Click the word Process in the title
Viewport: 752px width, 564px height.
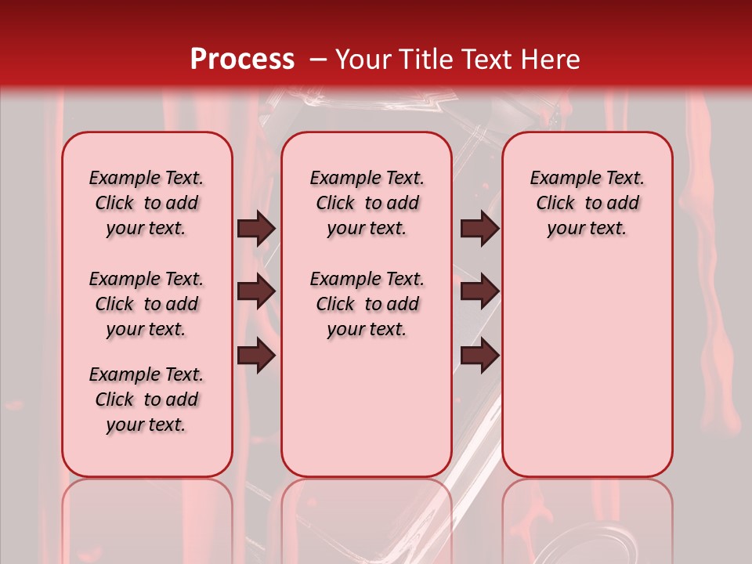pyautogui.click(x=241, y=60)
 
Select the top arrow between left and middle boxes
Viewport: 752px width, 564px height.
pyautogui.click(x=256, y=229)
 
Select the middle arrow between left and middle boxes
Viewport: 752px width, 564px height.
pyautogui.click(x=256, y=291)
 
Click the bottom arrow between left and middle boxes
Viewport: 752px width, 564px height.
pyautogui.click(x=256, y=355)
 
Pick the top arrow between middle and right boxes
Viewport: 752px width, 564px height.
pyautogui.click(x=479, y=229)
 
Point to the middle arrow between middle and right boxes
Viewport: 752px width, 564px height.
pyautogui.click(x=479, y=291)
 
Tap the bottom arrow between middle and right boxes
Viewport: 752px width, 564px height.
pyautogui.click(x=479, y=355)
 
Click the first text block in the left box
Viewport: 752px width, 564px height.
pyautogui.click(x=146, y=203)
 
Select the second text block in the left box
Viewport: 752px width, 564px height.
pyautogui.click(x=146, y=304)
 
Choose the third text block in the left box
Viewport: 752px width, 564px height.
pyautogui.click(x=146, y=399)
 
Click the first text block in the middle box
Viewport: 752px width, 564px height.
pyautogui.click(x=367, y=203)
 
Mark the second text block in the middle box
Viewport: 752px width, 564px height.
pyautogui.click(x=367, y=304)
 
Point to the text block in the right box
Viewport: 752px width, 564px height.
pyautogui.click(x=587, y=203)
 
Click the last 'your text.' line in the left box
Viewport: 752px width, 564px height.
pyautogui.click(x=146, y=425)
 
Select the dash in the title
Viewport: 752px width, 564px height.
pyautogui.click(x=318, y=60)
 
